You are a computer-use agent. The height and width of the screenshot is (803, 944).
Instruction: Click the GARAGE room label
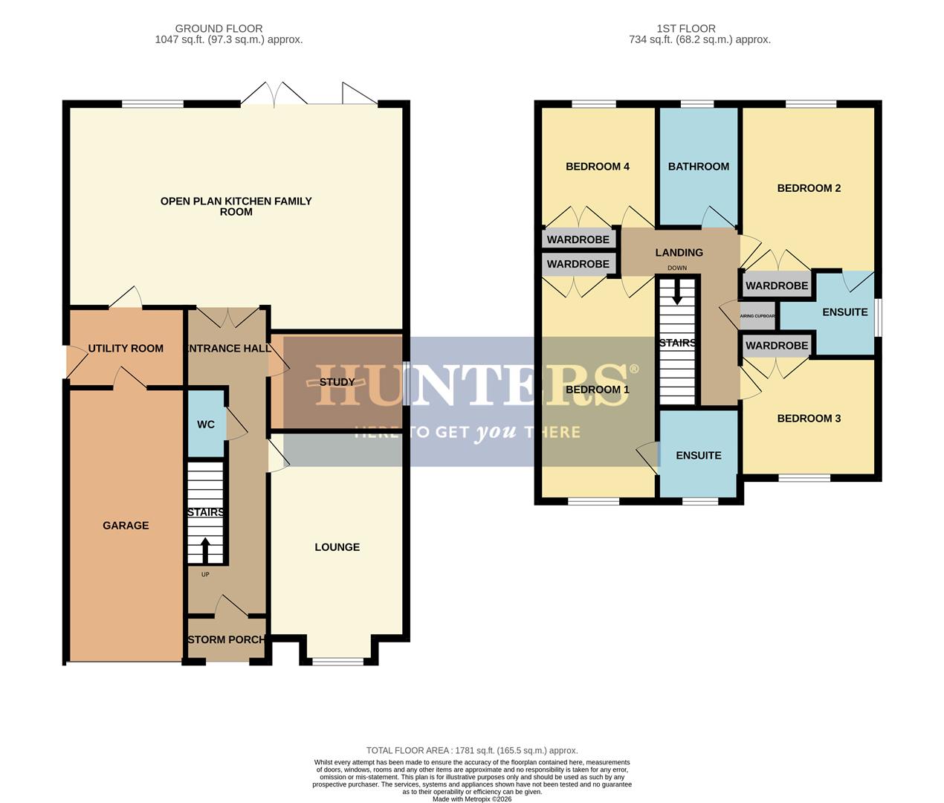click(x=126, y=526)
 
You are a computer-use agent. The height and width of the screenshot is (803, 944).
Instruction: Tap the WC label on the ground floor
click(x=206, y=425)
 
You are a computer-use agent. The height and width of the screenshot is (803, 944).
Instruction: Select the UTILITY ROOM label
click(x=126, y=348)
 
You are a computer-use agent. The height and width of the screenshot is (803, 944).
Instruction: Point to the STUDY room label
click(x=337, y=382)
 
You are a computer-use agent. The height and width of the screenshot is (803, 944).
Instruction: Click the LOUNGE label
click(x=337, y=547)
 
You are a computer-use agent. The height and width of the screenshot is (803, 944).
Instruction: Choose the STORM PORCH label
click(x=227, y=639)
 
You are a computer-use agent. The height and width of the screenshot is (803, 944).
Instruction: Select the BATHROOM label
click(x=698, y=167)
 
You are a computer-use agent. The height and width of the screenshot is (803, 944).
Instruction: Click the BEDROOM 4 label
click(x=598, y=167)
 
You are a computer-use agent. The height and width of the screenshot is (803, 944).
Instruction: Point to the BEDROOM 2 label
click(x=809, y=188)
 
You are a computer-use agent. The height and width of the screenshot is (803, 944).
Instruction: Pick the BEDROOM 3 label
click(x=809, y=419)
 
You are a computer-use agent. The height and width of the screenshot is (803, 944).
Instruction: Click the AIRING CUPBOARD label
click(x=757, y=316)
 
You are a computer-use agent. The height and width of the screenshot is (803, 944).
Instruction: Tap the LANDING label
click(x=679, y=253)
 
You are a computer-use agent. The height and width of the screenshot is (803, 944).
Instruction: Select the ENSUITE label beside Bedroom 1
click(x=698, y=456)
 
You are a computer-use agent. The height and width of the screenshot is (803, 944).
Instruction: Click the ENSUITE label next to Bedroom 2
click(x=844, y=312)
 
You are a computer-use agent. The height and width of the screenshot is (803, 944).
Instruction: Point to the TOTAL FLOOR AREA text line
click(x=471, y=750)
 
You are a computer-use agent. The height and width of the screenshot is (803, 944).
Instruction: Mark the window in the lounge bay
click(x=337, y=661)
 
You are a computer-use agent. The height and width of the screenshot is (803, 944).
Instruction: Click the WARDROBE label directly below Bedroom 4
click(x=578, y=239)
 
